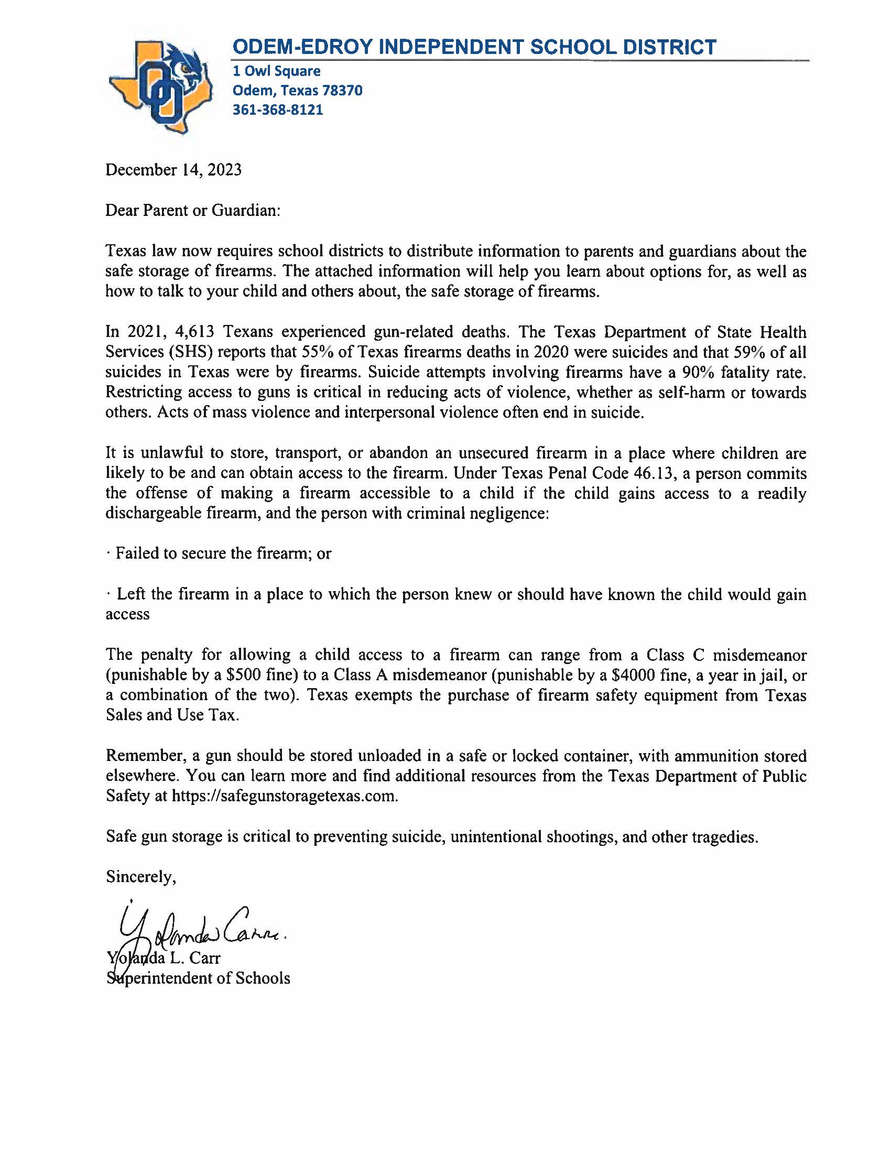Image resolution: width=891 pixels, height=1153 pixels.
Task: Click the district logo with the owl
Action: pos(161,86)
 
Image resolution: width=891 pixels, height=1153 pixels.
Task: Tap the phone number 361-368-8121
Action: pos(278,110)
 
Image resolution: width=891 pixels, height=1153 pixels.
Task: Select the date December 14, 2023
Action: pos(173,170)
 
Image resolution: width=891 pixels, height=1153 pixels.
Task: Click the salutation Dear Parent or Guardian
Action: pos(193,211)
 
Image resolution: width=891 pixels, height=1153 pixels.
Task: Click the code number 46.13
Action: pos(655,473)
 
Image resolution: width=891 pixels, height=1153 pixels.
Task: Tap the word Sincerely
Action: pos(140,877)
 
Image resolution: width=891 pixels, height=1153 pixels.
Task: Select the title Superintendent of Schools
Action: pos(198,978)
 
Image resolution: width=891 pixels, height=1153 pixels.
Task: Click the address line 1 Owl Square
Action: pos(277,71)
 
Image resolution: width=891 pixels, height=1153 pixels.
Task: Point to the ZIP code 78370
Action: pos(343,91)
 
